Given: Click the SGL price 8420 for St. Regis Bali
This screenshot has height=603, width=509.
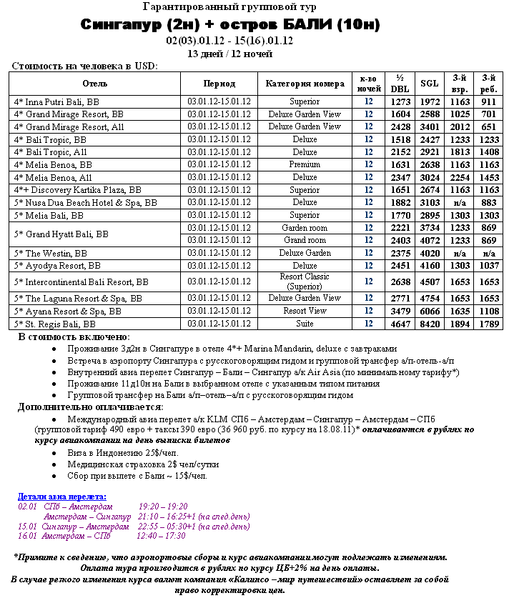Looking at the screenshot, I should point(430,324).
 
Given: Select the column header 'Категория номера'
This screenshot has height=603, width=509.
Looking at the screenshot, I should point(305,84).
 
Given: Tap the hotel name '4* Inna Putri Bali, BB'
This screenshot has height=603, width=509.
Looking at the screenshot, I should point(56,102).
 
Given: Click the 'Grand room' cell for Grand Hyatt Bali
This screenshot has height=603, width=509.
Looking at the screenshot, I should point(305,240).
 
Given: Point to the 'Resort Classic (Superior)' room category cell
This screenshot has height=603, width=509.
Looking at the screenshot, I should point(305,281).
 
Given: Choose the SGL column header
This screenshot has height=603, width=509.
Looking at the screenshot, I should point(430,84).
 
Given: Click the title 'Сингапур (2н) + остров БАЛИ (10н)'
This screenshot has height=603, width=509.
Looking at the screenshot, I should point(229,25).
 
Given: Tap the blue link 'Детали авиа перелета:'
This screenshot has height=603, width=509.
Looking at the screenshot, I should point(62,497).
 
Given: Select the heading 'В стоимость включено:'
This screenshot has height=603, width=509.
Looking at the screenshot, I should point(74,337).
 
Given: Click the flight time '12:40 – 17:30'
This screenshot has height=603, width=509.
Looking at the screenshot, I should point(161,536).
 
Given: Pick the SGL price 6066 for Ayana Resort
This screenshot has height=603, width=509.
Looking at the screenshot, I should point(430,311).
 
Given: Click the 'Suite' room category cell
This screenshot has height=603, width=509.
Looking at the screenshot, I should point(305,324).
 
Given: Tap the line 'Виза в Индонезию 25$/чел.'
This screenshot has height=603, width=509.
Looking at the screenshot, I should point(122,453).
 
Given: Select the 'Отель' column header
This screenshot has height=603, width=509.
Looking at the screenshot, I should point(95,84).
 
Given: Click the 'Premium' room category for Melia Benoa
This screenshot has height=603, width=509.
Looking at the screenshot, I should point(305,164).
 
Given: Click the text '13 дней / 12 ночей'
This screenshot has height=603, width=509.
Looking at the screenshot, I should point(229,54).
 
